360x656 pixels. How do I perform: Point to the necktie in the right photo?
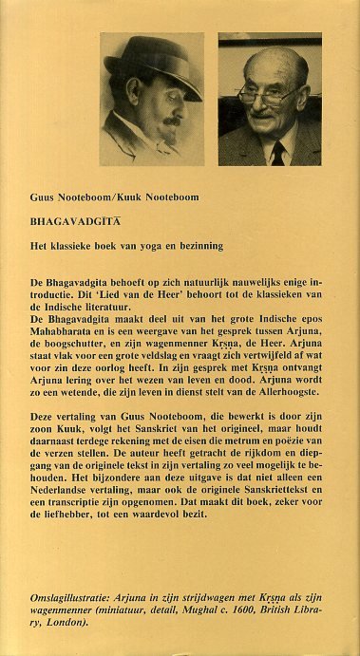tap(277, 152)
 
